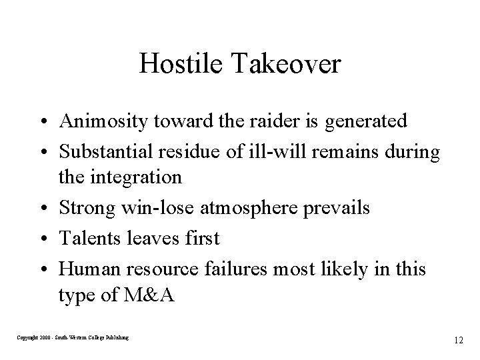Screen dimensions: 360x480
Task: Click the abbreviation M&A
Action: point(150,295)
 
